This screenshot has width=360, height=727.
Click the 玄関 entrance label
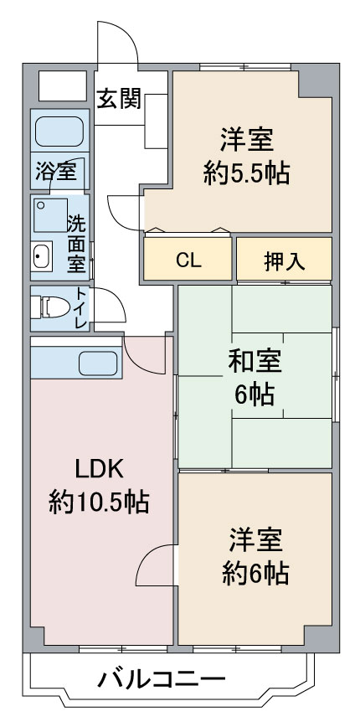pyautogui.click(x=119, y=100)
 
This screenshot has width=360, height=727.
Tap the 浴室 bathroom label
pyautogui.click(x=55, y=173)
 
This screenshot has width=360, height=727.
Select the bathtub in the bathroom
pyautogui.click(x=58, y=131)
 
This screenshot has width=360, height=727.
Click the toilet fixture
pyautogui.click(x=47, y=307)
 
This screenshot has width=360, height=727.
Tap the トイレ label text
pyautogui.click(x=81, y=307)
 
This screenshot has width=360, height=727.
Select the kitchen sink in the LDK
pyautogui.click(x=98, y=363)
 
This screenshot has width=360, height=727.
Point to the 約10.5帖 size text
pyautogui.click(x=99, y=502)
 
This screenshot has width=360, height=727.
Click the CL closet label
pyautogui.click(x=188, y=260)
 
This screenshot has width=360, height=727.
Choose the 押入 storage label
pyautogui.click(x=284, y=260)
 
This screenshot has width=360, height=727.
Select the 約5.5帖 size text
pyautogui.click(x=246, y=173)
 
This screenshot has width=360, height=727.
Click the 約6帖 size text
pyautogui.click(x=255, y=573)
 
